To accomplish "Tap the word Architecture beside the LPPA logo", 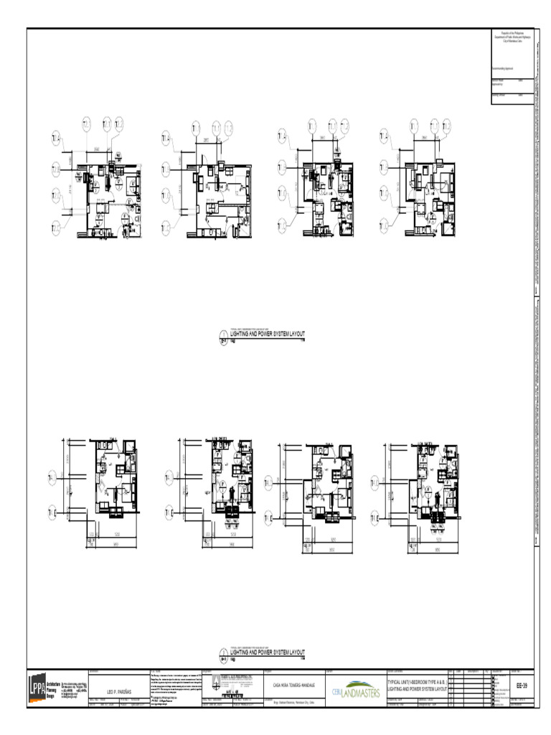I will point(56,677).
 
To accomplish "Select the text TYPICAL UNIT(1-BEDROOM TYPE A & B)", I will point(416,682).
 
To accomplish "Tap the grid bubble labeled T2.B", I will point(57,169).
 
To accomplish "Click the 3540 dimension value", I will point(97,148).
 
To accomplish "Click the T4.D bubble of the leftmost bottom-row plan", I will point(52,477).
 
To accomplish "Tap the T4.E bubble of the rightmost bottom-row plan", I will point(375,518).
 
